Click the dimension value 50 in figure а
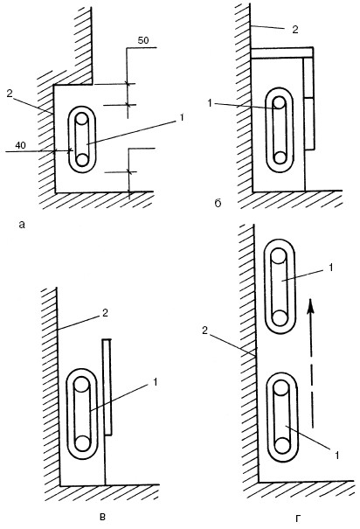pyautogui.click(x=143, y=40)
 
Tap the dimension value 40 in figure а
pyautogui.click(x=21, y=146)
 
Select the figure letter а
pyautogui.click(x=22, y=225)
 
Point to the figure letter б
pyautogui.click(x=218, y=203)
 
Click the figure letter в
pyautogui.click(x=103, y=517)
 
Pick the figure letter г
pyautogui.click(x=297, y=518)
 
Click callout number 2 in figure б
pyautogui.click(x=295, y=30)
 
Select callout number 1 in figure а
pyautogui.click(x=182, y=118)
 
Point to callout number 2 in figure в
pyautogui.click(x=105, y=313)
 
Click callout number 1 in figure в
pyautogui.click(x=155, y=382)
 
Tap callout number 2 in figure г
pyautogui.click(x=204, y=331)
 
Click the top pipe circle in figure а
pyautogui.click(x=82, y=119)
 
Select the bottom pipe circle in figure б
pyautogui.click(x=280, y=157)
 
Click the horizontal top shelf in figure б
pyautogui.click(x=282, y=52)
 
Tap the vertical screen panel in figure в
pyautogui.click(x=107, y=387)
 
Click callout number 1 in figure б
pyautogui.click(x=210, y=103)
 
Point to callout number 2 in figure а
pyautogui.click(x=10, y=94)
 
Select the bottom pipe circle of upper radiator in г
pyautogui.click(x=280, y=318)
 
